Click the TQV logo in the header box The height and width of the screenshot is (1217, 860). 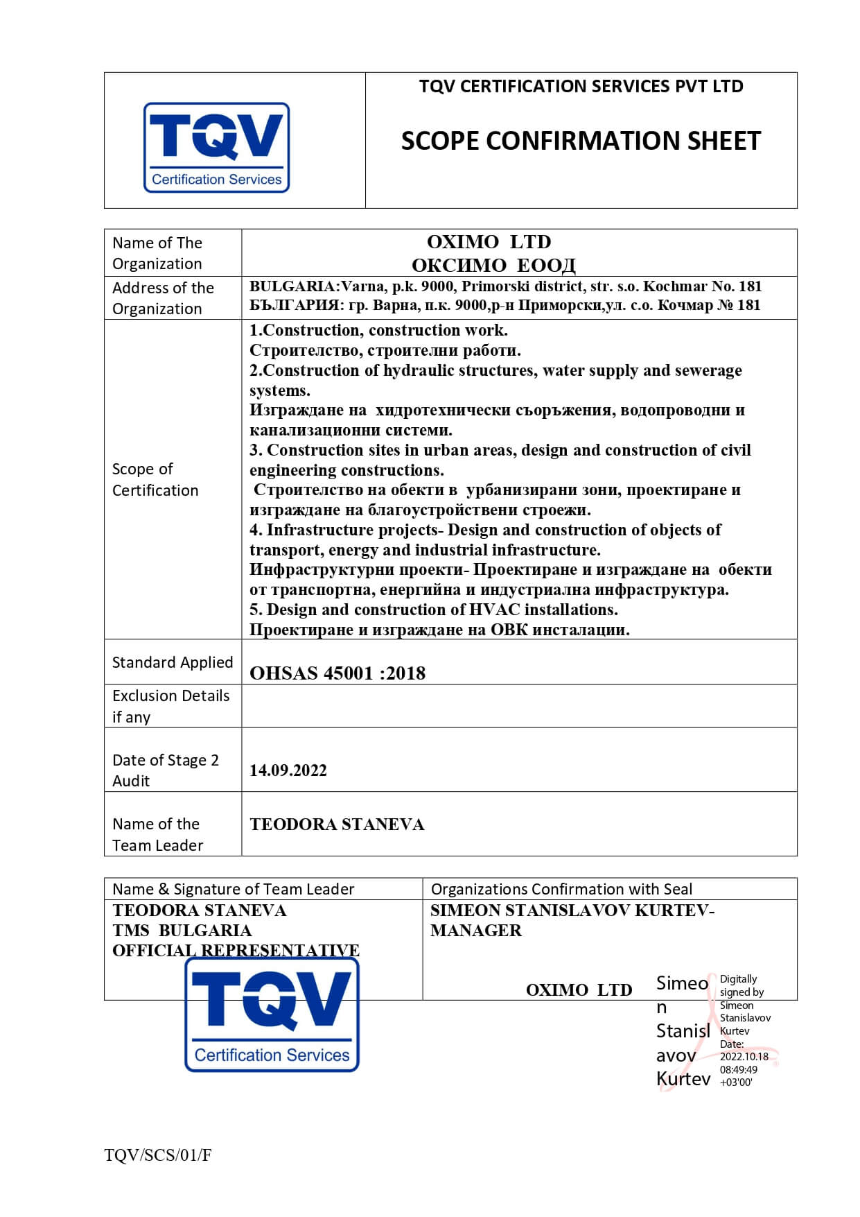click(216, 147)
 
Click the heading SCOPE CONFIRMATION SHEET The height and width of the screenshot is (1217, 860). click(581, 141)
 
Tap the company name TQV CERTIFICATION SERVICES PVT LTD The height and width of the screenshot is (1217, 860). click(581, 87)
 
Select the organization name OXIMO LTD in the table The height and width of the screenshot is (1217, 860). click(489, 242)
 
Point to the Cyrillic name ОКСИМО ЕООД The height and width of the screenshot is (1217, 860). click(493, 265)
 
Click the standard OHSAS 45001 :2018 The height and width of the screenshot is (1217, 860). click(337, 673)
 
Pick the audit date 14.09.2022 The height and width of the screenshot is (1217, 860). click(288, 770)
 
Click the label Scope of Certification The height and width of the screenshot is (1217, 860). click(155, 479)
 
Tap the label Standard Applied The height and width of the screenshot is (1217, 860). click(173, 662)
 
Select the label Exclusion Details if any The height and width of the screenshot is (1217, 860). click(170, 706)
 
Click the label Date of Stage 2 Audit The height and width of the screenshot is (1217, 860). click(166, 770)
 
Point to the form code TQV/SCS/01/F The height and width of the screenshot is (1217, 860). click(158, 1155)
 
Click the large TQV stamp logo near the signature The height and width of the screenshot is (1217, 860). click(272, 1014)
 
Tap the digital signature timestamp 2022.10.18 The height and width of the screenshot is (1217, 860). click(744, 1057)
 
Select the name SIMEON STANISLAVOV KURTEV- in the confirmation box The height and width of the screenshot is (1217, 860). click(572, 910)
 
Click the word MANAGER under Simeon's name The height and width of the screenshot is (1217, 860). click(476, 931)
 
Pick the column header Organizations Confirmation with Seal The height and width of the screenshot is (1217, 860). click(561, 889)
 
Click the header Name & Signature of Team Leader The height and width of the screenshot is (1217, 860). click(233, 889)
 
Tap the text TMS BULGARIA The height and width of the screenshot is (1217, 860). click(182, 931)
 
